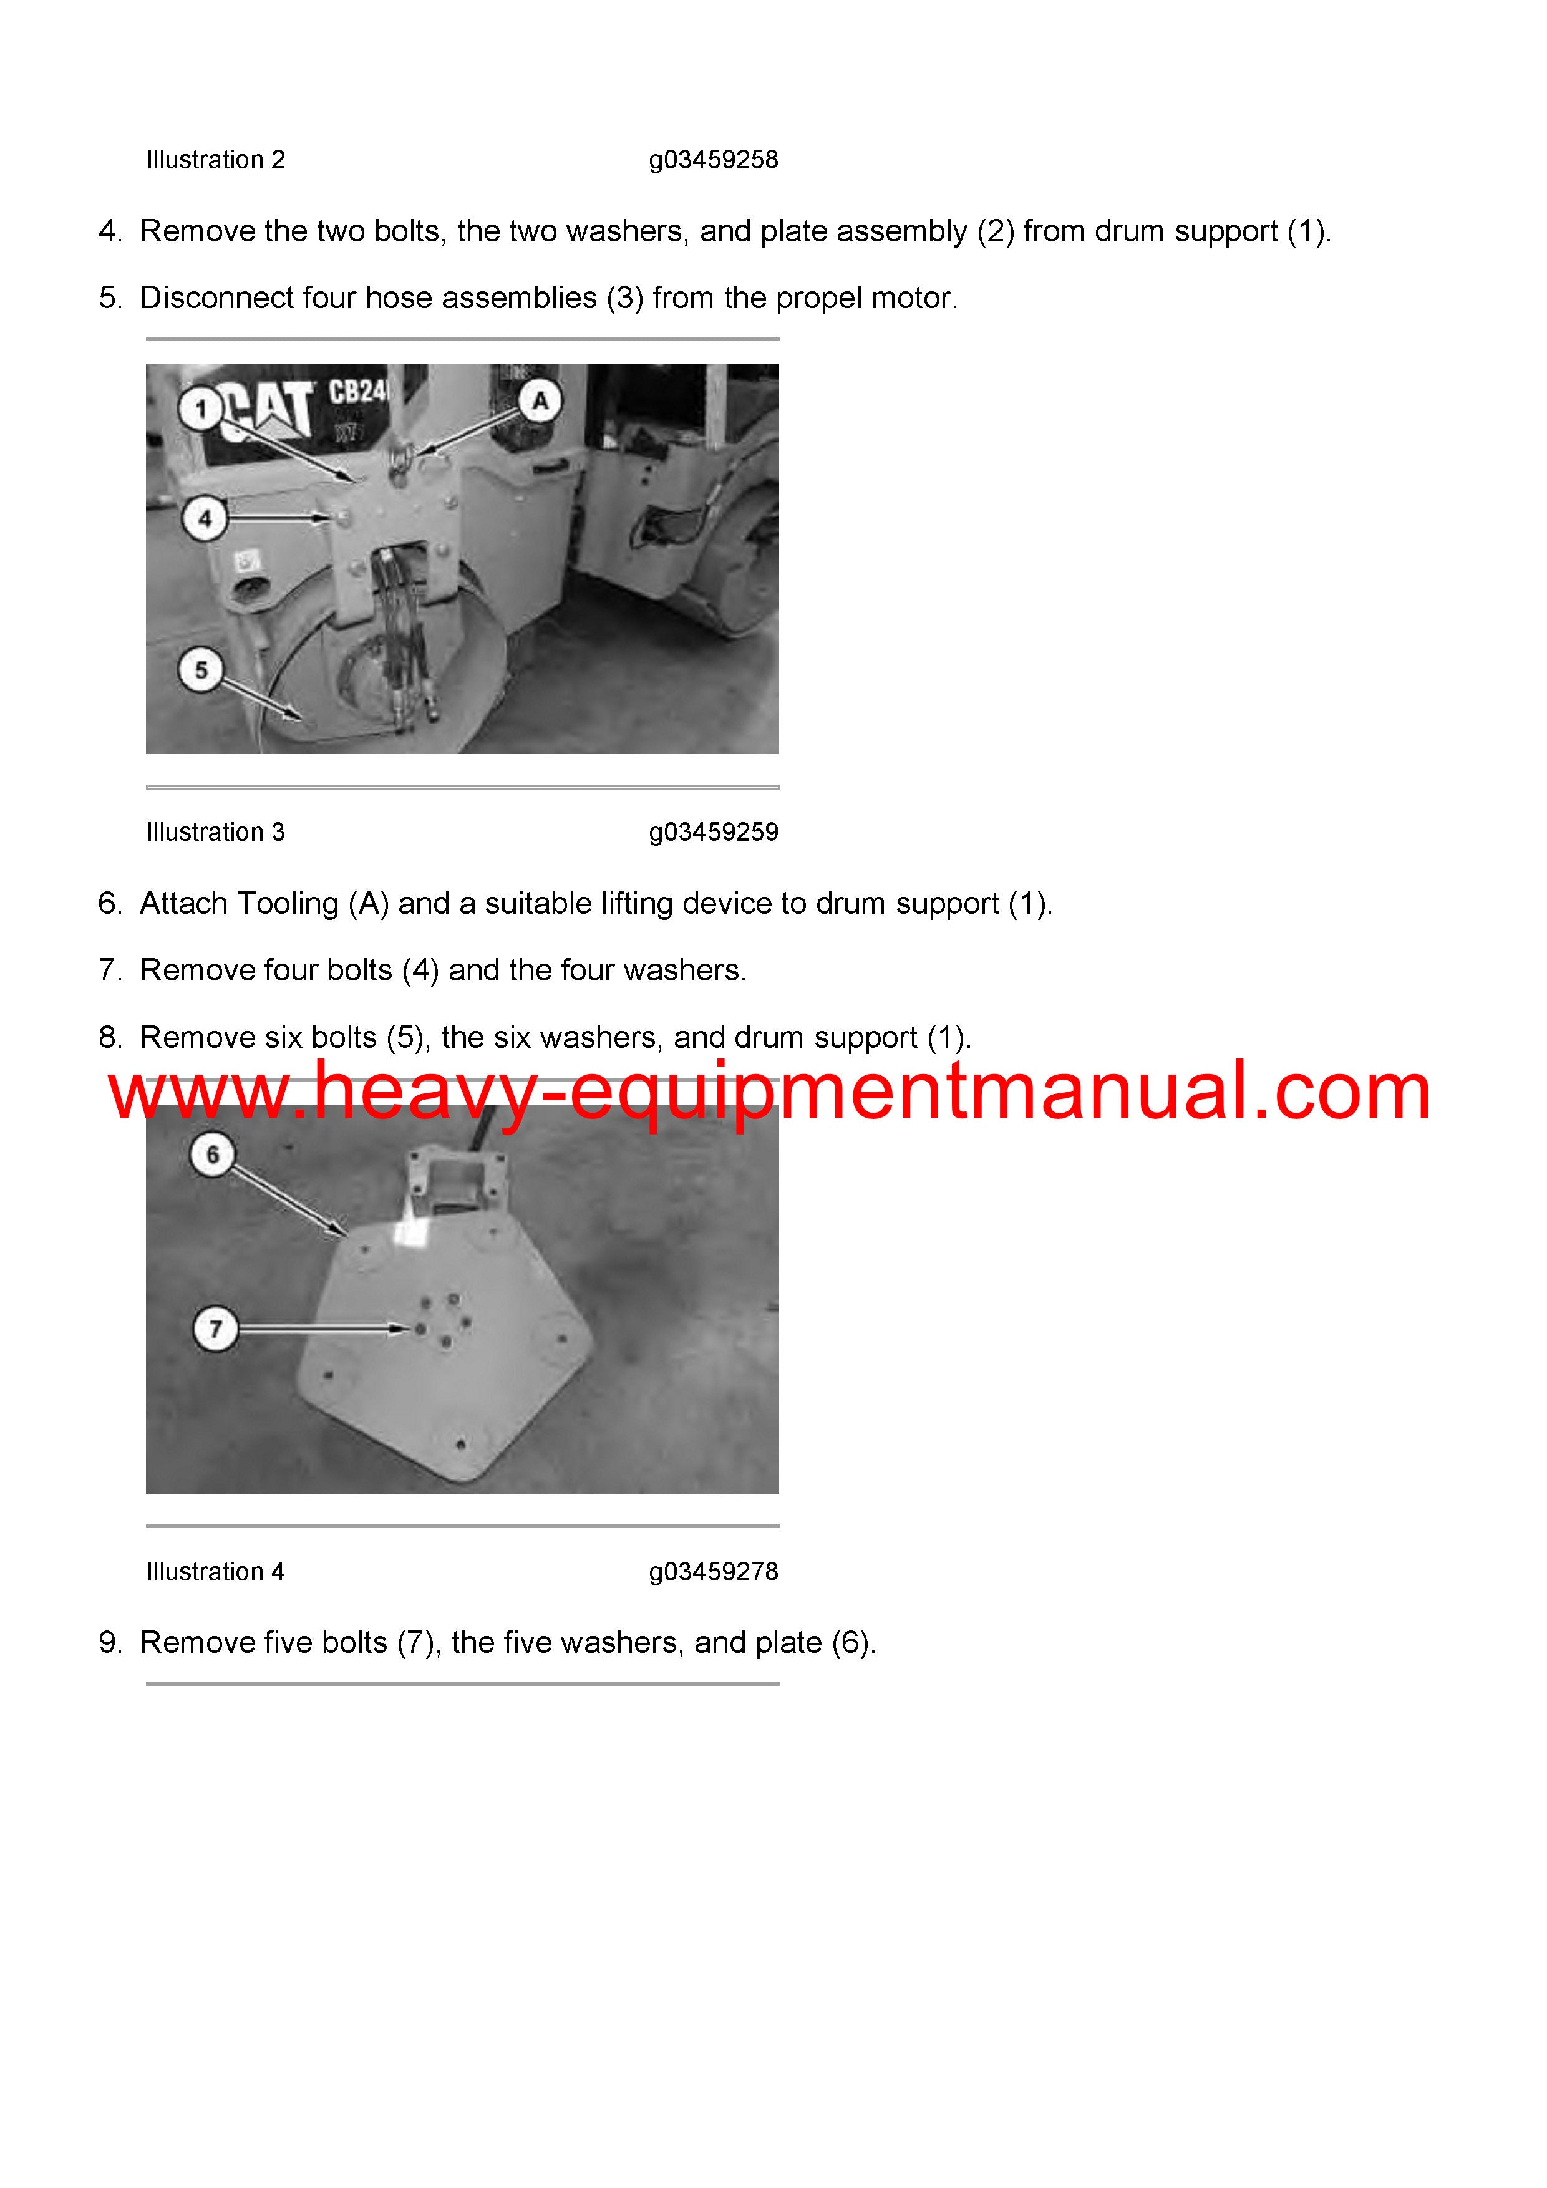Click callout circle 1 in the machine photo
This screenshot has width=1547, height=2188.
200,410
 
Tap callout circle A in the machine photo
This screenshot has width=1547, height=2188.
540,401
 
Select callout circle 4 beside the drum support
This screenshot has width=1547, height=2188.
204,520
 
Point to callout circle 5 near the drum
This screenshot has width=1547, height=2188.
201,670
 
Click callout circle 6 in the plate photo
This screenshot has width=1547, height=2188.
213,1155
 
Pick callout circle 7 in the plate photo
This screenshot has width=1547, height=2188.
215,1329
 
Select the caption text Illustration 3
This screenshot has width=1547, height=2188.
215,832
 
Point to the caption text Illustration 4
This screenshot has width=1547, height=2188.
215,1571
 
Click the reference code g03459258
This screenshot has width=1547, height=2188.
713,160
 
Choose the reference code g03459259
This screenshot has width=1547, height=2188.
713,833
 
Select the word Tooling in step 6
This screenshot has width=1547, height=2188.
287,903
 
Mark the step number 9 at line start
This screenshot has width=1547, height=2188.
110,1642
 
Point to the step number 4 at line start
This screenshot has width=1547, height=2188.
110,231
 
